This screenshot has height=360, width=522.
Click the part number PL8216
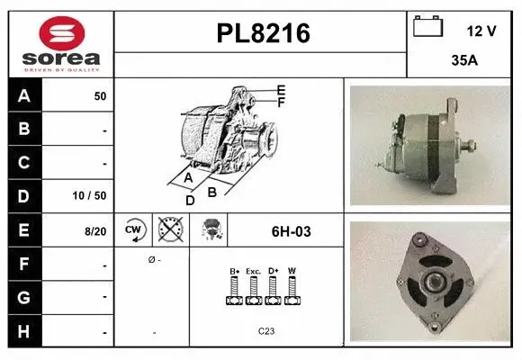pos(263,33)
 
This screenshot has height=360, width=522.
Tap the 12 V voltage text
pos(481,30)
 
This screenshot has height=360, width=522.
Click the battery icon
pos(427,28)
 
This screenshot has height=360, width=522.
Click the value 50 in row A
pos(100,95)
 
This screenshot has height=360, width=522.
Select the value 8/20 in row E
pos(95,231)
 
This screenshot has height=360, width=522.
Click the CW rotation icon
pos(134,230)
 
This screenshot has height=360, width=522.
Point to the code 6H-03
pos(291,231)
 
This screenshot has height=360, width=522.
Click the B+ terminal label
pos(234,271)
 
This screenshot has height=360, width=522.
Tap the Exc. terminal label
pos(253,271)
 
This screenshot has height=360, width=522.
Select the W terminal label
pos(292,271)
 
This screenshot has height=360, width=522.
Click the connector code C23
pos(266,331)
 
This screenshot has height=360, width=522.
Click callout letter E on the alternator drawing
pos(281,90)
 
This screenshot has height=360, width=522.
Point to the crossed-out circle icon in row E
pos(170,230)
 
